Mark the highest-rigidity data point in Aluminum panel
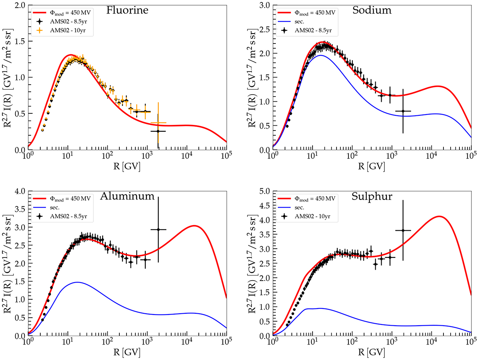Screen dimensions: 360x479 [158, 229]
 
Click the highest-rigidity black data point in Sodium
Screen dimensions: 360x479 [403, 111]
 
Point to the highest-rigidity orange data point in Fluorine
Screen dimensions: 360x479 [158, 123]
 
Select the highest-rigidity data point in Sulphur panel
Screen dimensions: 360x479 [403, 230]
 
